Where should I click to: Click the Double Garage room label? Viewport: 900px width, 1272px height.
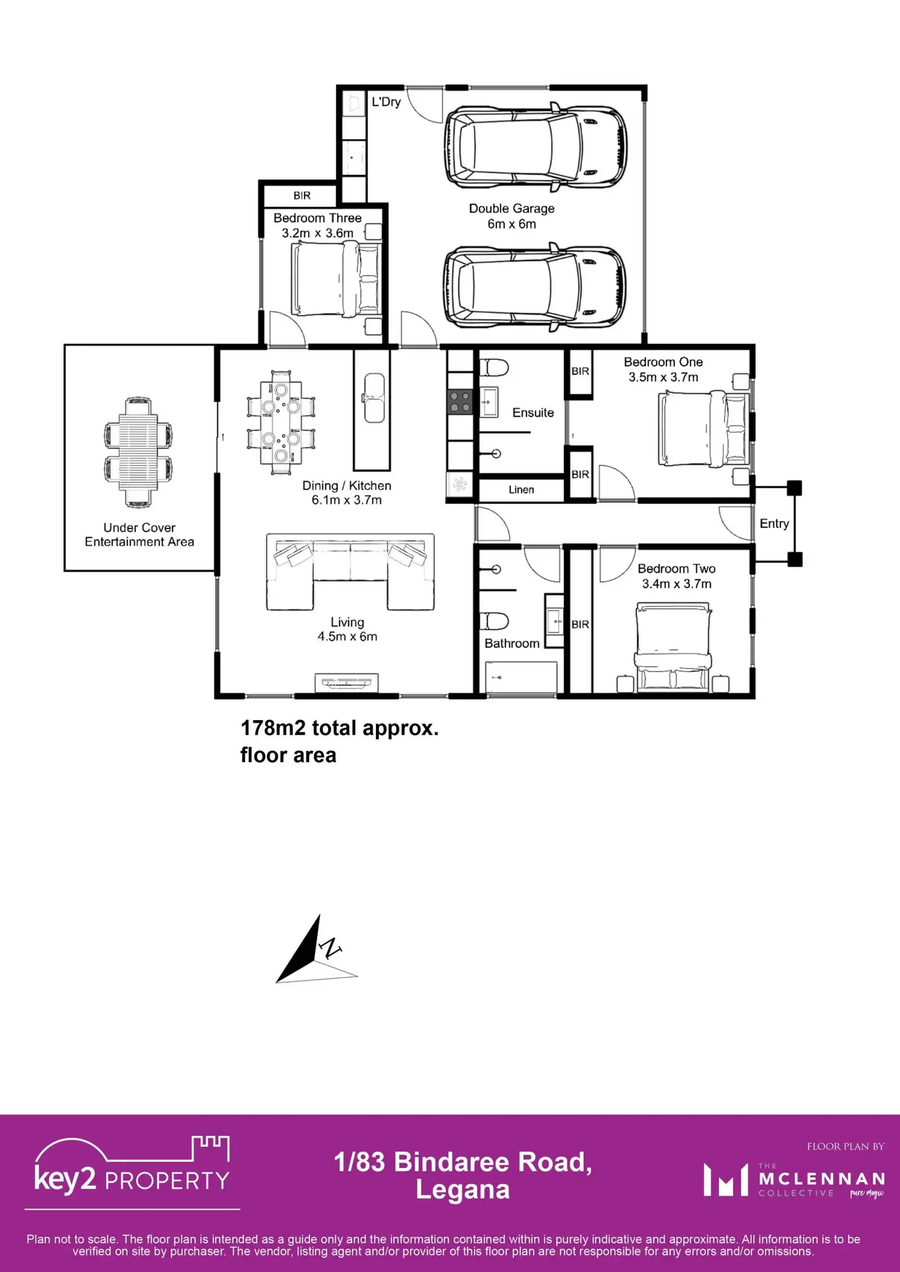pyautogui.click(x=512, y=208)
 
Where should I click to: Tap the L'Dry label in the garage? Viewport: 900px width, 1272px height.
pyautogui.click(x=386, y=102)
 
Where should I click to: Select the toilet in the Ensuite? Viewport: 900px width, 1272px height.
pyautogui.click(x=494, y=368)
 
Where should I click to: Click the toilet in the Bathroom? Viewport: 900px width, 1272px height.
pyautogui.click(x=494, y=621)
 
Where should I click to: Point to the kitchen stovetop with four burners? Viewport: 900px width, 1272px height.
pyautogui.click(x=460, y=402)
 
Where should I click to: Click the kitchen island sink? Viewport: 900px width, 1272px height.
pyautogui.click(x=375, y=398)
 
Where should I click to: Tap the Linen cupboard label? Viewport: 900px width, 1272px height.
pyautogui.click(x=522, y=490)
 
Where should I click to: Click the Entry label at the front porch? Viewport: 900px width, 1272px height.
pyautogui.click(x=774, y=523)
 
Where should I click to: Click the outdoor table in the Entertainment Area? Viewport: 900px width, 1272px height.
pyautogui.click(x=138, y=452)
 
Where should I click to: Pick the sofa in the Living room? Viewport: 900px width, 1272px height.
pyautogui.click(x=350, y=572)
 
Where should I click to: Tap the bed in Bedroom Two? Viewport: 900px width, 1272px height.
pyautogui.click(x=673, y=648)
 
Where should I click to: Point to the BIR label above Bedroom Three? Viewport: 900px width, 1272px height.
pyautogui.click(x=302, y=196)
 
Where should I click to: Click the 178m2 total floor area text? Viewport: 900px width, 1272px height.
pyautogui.click(x=339, y=741)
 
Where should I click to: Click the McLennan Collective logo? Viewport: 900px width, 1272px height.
pyautogui.click(x=794, y=1179)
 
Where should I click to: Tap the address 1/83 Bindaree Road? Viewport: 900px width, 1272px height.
pyautogui.click(x=463, y=1162)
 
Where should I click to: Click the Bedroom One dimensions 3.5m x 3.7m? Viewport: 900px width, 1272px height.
pyautogui.click(x=663, y=378)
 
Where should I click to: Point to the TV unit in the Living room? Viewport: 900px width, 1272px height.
pyautogui.click(x=347, y=682)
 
